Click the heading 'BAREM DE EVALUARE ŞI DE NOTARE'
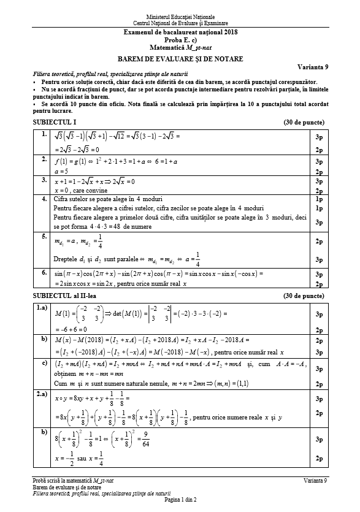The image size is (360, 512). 179,59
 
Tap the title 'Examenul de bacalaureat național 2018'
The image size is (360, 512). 180,32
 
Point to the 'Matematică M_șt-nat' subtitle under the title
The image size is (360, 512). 180,47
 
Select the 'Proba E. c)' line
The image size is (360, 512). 180,39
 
